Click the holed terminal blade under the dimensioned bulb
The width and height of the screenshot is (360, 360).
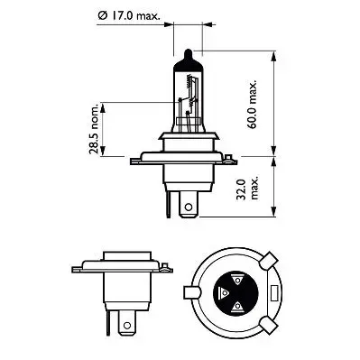point(188,208)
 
